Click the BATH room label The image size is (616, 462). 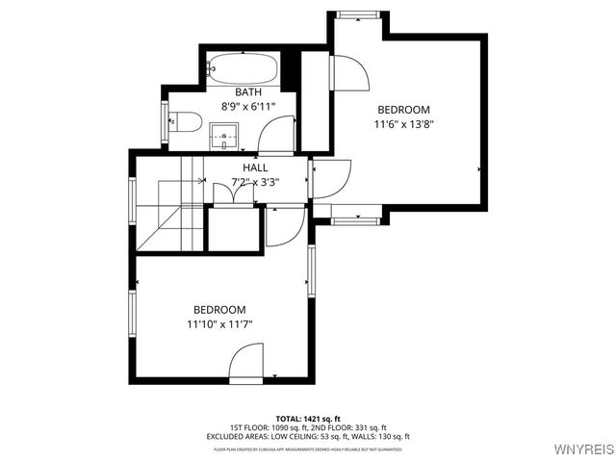tap(247, 92)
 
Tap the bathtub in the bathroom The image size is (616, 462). tap(244, 69)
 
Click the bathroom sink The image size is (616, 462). tap(225, 136)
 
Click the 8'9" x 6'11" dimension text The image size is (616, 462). tap(247, 107)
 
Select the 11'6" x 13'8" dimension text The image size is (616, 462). tap(403, 124)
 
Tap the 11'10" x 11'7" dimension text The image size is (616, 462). tap(219, 324)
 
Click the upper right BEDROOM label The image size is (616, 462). tap(403, 110)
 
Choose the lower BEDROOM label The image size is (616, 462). tap(219, 310)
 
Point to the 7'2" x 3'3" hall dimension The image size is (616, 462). tap(255, 181)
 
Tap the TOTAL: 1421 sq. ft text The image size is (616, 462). tap(307, 419)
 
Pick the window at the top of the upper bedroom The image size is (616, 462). tap(356, 15)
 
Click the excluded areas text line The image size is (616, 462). tap(308, 437)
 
